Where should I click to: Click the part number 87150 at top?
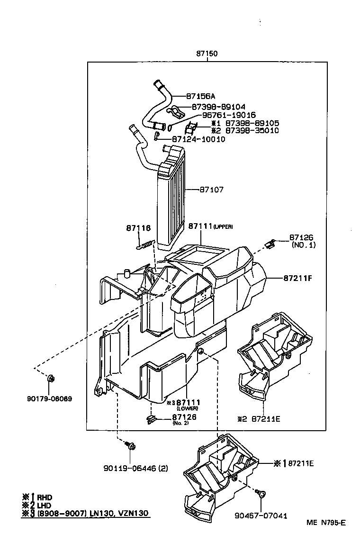pyautogui.click(x=207, y=54)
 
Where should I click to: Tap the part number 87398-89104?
pyautogui.click(x=219, y=108)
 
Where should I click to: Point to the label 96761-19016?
pyautogui.click(x=223, y=115)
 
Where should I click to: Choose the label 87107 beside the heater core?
pyautogui.click(x=211, y=190)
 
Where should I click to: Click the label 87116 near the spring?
pyautogui.click(x=138, y=228)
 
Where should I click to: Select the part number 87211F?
pyautogui.click(x=298, y=277)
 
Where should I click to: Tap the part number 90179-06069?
pyautogui.click(x=49, y=398)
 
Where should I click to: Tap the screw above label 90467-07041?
pyautogui.click(x=261, y=494)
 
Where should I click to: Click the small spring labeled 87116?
pyautogui.click(x=145, y=244)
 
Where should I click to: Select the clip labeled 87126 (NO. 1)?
pyautogui.click(x=270, y=244)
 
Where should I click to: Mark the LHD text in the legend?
pyautogui.click(x=45, y=505)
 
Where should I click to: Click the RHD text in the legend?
pyautogui.click(x=45, y=497)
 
